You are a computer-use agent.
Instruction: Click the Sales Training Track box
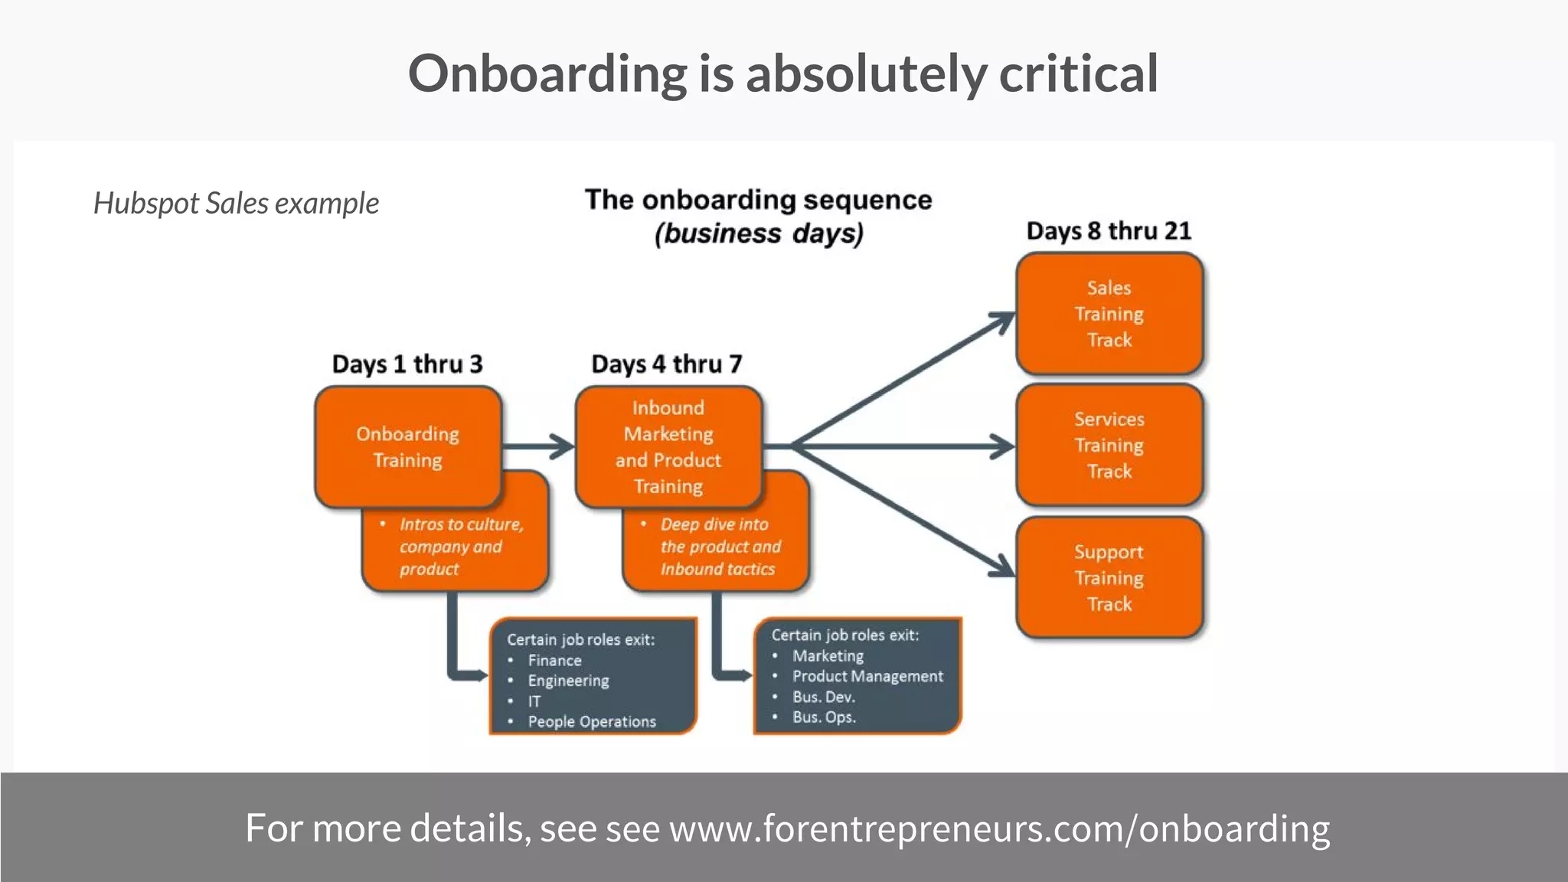pyautogui.click(x=1109, y=314)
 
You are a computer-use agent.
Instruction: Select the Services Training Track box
pyautogui.click(x=1109, y=445)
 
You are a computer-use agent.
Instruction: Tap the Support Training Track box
pyautogui.click(x=1109, y=577)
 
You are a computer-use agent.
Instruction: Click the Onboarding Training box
pyautogui.click(x=407, y=446)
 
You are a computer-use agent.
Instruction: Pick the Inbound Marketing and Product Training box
pyautogui.click(x=668, y=446)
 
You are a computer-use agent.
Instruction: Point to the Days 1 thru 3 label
pyautogui.click(x=407, y=364)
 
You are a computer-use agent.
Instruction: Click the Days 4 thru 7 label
pyautogui.click(x=667, y=364)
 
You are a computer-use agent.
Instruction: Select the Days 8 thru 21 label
pyautogui.click(x=1109, y=230)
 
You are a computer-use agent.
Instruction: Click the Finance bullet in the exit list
pyautogui.click(x=554, y=660)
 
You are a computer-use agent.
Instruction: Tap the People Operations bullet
pyautogui.click(x=591, y=721)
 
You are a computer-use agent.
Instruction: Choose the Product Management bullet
pyautogui.click(x=867, y=676)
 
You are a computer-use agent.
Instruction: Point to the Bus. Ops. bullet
pyautogui.click(x=824, y=717)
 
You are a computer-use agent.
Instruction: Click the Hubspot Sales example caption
pyautogui.click(x=236, y=204)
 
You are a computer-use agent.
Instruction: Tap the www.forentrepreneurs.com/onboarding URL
pyautogui.click(x=999, y=828)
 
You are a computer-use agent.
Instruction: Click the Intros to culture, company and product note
pyautogui.click(x=459, y=547)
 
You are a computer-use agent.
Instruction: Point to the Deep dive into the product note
pyautogui.click(x=720, y=547)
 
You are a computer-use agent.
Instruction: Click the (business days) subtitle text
pyautogui.click(x=759, y=234)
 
